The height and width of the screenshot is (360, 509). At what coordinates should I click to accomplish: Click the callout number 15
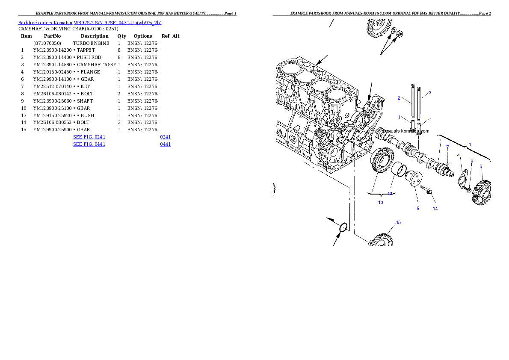tap(398, 222)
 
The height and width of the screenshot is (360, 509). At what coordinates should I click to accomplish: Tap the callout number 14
tap(435, 209)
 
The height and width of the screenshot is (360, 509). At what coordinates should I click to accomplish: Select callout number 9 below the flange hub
tap(418, 209)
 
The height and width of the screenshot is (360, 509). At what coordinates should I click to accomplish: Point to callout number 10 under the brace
tap(381, 202)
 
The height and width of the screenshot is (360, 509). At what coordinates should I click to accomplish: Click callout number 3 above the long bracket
tap(470, 145)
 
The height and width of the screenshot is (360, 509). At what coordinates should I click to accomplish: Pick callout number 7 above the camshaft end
tap(448, 147)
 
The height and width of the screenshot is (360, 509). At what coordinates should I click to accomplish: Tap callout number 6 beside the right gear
tap(481, 166)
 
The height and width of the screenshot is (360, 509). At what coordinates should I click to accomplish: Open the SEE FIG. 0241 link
tap(89, 137)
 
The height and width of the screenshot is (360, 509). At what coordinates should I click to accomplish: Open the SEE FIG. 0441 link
tap(89, 145)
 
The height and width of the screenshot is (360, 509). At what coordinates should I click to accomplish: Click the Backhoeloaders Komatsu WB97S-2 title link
tap(90, 23)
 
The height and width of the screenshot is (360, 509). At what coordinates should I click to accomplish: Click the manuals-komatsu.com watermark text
tap(405, 131)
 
